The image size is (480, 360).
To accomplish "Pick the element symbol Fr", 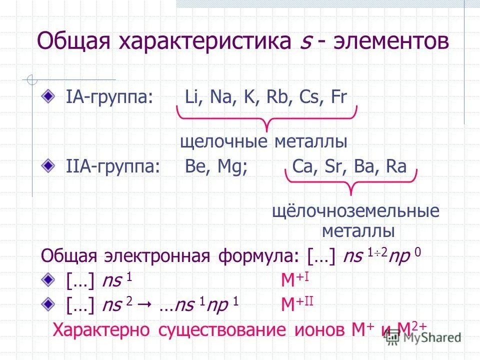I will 338,96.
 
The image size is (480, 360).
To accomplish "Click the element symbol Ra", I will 396,166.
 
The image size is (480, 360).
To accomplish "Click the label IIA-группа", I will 113,167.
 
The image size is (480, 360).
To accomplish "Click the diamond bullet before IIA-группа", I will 47,165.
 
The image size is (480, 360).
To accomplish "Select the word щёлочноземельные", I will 355,211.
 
